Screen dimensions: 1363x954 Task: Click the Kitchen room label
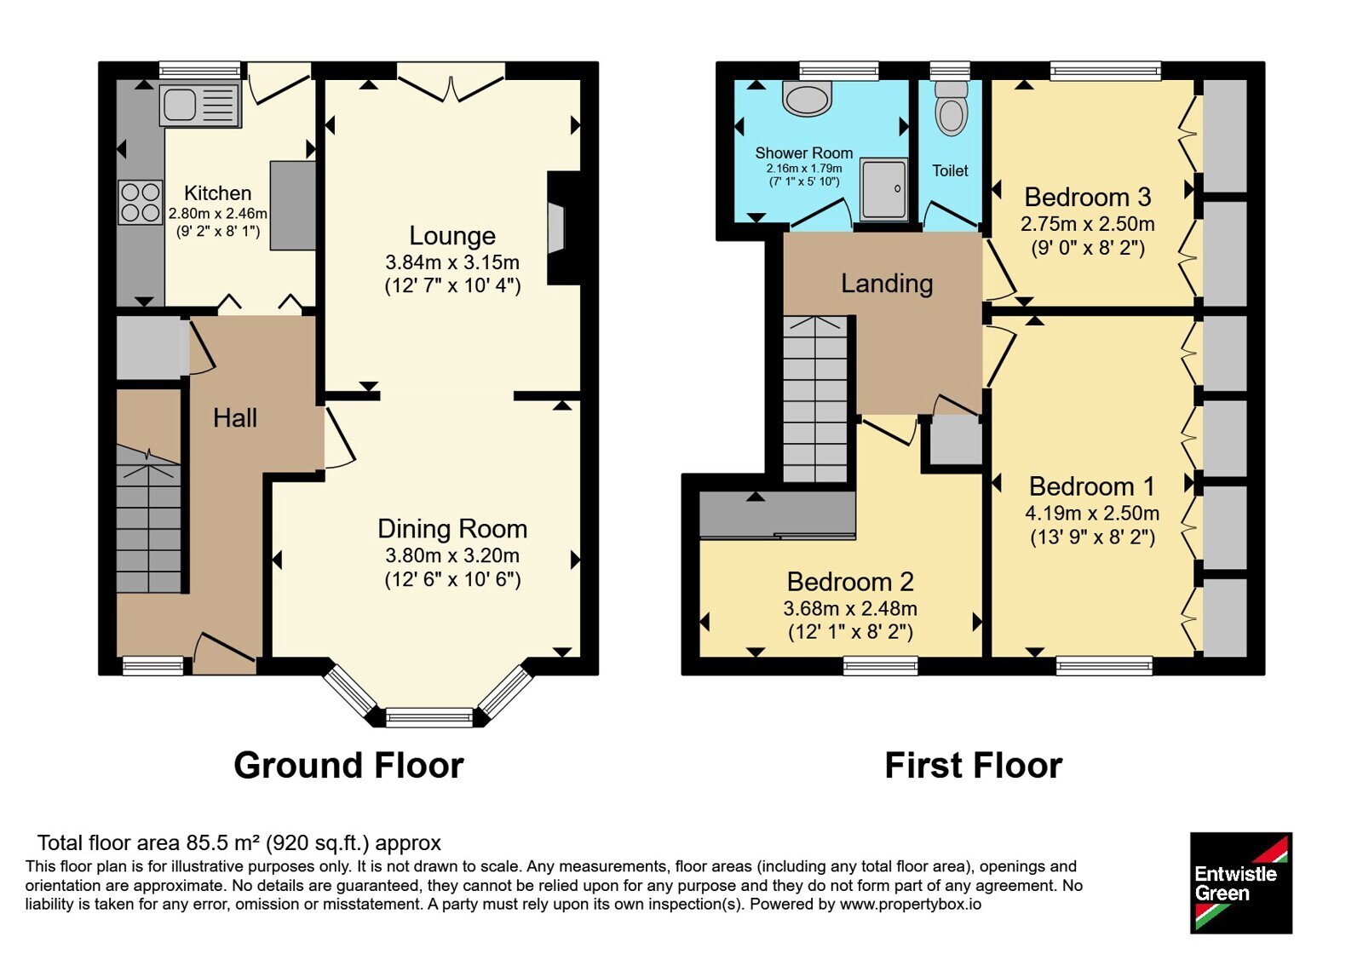click(217, 193)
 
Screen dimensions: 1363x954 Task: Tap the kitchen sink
click(200, 106)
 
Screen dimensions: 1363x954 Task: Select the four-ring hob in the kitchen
click(141, 203)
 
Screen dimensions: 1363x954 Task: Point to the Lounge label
click(452, 235)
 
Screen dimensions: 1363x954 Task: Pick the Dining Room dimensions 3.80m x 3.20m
click(452, 555)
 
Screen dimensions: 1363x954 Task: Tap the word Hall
click(235, 418)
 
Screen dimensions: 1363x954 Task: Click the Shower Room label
click(804, 152)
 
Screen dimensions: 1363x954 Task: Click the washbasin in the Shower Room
click(808, 100)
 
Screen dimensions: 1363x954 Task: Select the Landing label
click(887, 284)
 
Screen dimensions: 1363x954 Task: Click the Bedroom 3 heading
click(1087, 197)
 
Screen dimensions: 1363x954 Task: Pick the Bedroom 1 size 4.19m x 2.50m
click(1092, 513)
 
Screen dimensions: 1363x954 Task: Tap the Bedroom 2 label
click(850, 582)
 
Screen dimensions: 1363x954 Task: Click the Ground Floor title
click(348, 766)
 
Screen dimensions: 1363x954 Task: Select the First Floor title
click(974, 766)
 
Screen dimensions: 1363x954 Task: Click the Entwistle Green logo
click(1240, 882)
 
